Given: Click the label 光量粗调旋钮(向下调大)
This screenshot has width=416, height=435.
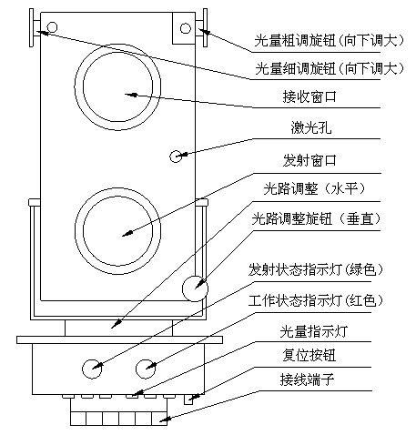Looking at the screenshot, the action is (x=330, y=40).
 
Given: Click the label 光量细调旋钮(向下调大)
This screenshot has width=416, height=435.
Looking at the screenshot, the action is (x=330, y=68).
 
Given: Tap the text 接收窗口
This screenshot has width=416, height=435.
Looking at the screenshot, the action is (x=309, y=96).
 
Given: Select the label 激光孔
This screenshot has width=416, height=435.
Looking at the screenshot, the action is (x=311, y=127).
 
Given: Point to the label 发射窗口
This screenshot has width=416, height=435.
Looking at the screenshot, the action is (x=309, y=160).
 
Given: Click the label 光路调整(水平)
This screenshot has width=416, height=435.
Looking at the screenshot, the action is (x=315, y=189).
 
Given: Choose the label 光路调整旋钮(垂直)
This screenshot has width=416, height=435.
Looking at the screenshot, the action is (x=316, y=218).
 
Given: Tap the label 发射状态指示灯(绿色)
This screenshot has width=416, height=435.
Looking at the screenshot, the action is (x=316, y=269).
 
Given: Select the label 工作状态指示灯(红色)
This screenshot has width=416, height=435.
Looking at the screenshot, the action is (x=316, y=300).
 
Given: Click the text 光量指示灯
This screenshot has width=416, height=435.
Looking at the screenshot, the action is (x=313, y=331).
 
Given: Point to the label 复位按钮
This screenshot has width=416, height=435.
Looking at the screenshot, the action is (x=309, y=355).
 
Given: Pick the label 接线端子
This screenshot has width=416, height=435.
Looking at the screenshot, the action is (x=307, y=379).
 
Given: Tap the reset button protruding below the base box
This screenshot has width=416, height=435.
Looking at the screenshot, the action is (x=188, y=400).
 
